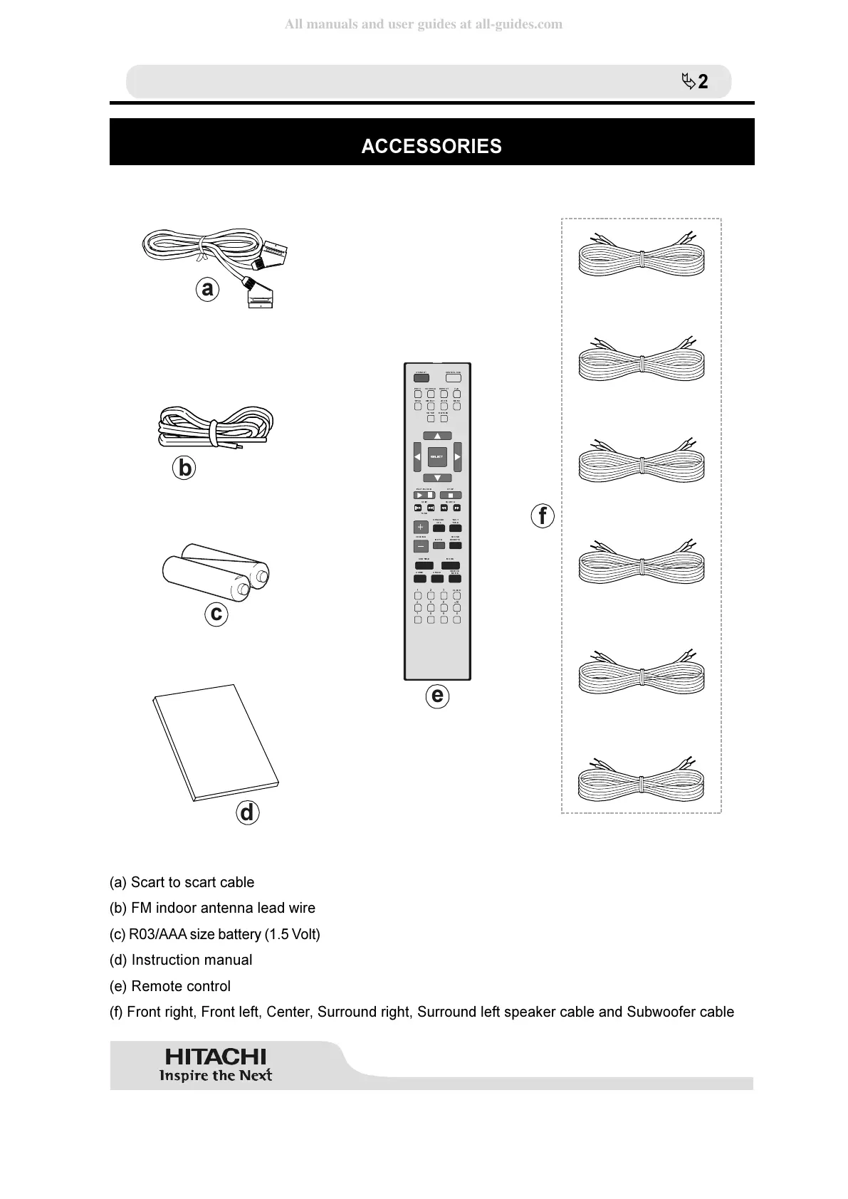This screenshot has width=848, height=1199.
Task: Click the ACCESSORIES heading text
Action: point(431,146)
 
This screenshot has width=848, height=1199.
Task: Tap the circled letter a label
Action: point(207,289)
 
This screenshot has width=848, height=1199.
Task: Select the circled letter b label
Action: point(184,468)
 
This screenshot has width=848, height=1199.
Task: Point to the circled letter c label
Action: point(216,613)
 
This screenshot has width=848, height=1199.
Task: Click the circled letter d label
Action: point(247,812)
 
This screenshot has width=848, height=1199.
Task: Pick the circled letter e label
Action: point(437,695)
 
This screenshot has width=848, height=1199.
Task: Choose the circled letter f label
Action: point(543,515)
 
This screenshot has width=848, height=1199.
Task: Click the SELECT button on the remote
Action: point(437,456)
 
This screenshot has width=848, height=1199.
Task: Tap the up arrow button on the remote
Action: point(437,436)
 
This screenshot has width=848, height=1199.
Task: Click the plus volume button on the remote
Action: point(421,528)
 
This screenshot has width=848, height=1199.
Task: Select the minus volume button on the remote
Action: point(421,547)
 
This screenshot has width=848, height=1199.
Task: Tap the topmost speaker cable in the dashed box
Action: point(642,256)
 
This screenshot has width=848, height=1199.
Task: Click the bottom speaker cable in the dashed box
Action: point(642,780)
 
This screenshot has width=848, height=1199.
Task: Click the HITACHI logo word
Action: point(216,1057)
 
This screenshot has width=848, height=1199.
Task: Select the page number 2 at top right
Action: point(703,82)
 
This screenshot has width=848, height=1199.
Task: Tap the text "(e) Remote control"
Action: point(170,986)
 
